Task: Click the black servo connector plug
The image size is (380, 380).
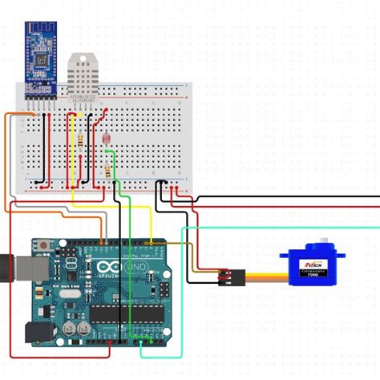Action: [229, 277]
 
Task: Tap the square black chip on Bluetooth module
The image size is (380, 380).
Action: [38, 59]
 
